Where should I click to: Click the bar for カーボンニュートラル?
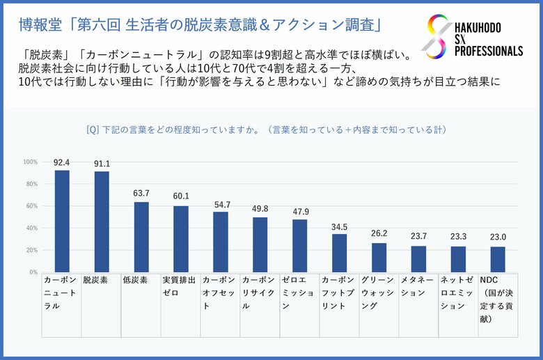62,221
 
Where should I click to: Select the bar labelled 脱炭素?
102,222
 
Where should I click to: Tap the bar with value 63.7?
141,237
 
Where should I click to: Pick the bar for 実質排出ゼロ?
181,239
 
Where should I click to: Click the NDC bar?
498,259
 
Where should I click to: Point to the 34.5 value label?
339,227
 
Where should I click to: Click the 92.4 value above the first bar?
62,163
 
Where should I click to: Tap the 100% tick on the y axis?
30,162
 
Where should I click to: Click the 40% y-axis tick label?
31,228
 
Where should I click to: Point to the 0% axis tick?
32,272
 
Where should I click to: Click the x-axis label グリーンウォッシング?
379,292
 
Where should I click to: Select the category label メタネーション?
418,285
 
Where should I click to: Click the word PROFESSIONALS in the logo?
489,52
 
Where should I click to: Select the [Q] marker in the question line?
92,130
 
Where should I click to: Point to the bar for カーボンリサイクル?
260,244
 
